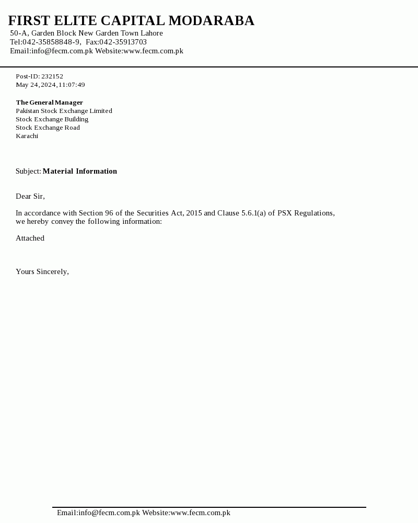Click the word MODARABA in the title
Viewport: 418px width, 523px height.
tap(211, 21)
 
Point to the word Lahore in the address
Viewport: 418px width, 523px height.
tap(152, 33)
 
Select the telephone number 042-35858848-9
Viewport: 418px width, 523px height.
tap(51, 42)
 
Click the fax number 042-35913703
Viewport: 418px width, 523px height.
tap(123, 42)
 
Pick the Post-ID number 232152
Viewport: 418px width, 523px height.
tap(52, 76)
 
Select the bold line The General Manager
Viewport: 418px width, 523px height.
tap(49, 103)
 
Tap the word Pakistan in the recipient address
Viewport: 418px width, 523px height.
tap(27, 111)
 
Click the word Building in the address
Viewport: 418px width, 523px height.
tap(76, 119)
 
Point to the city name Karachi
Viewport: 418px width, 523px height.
tap(27, 136)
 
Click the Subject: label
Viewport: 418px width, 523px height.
tap(28, 172)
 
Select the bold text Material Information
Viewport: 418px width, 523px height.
tap(80, 172)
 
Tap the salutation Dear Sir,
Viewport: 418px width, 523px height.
tap(30, 197)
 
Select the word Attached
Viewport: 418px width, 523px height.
tap(30, 238)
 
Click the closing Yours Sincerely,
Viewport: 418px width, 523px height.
tap(42, 272)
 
